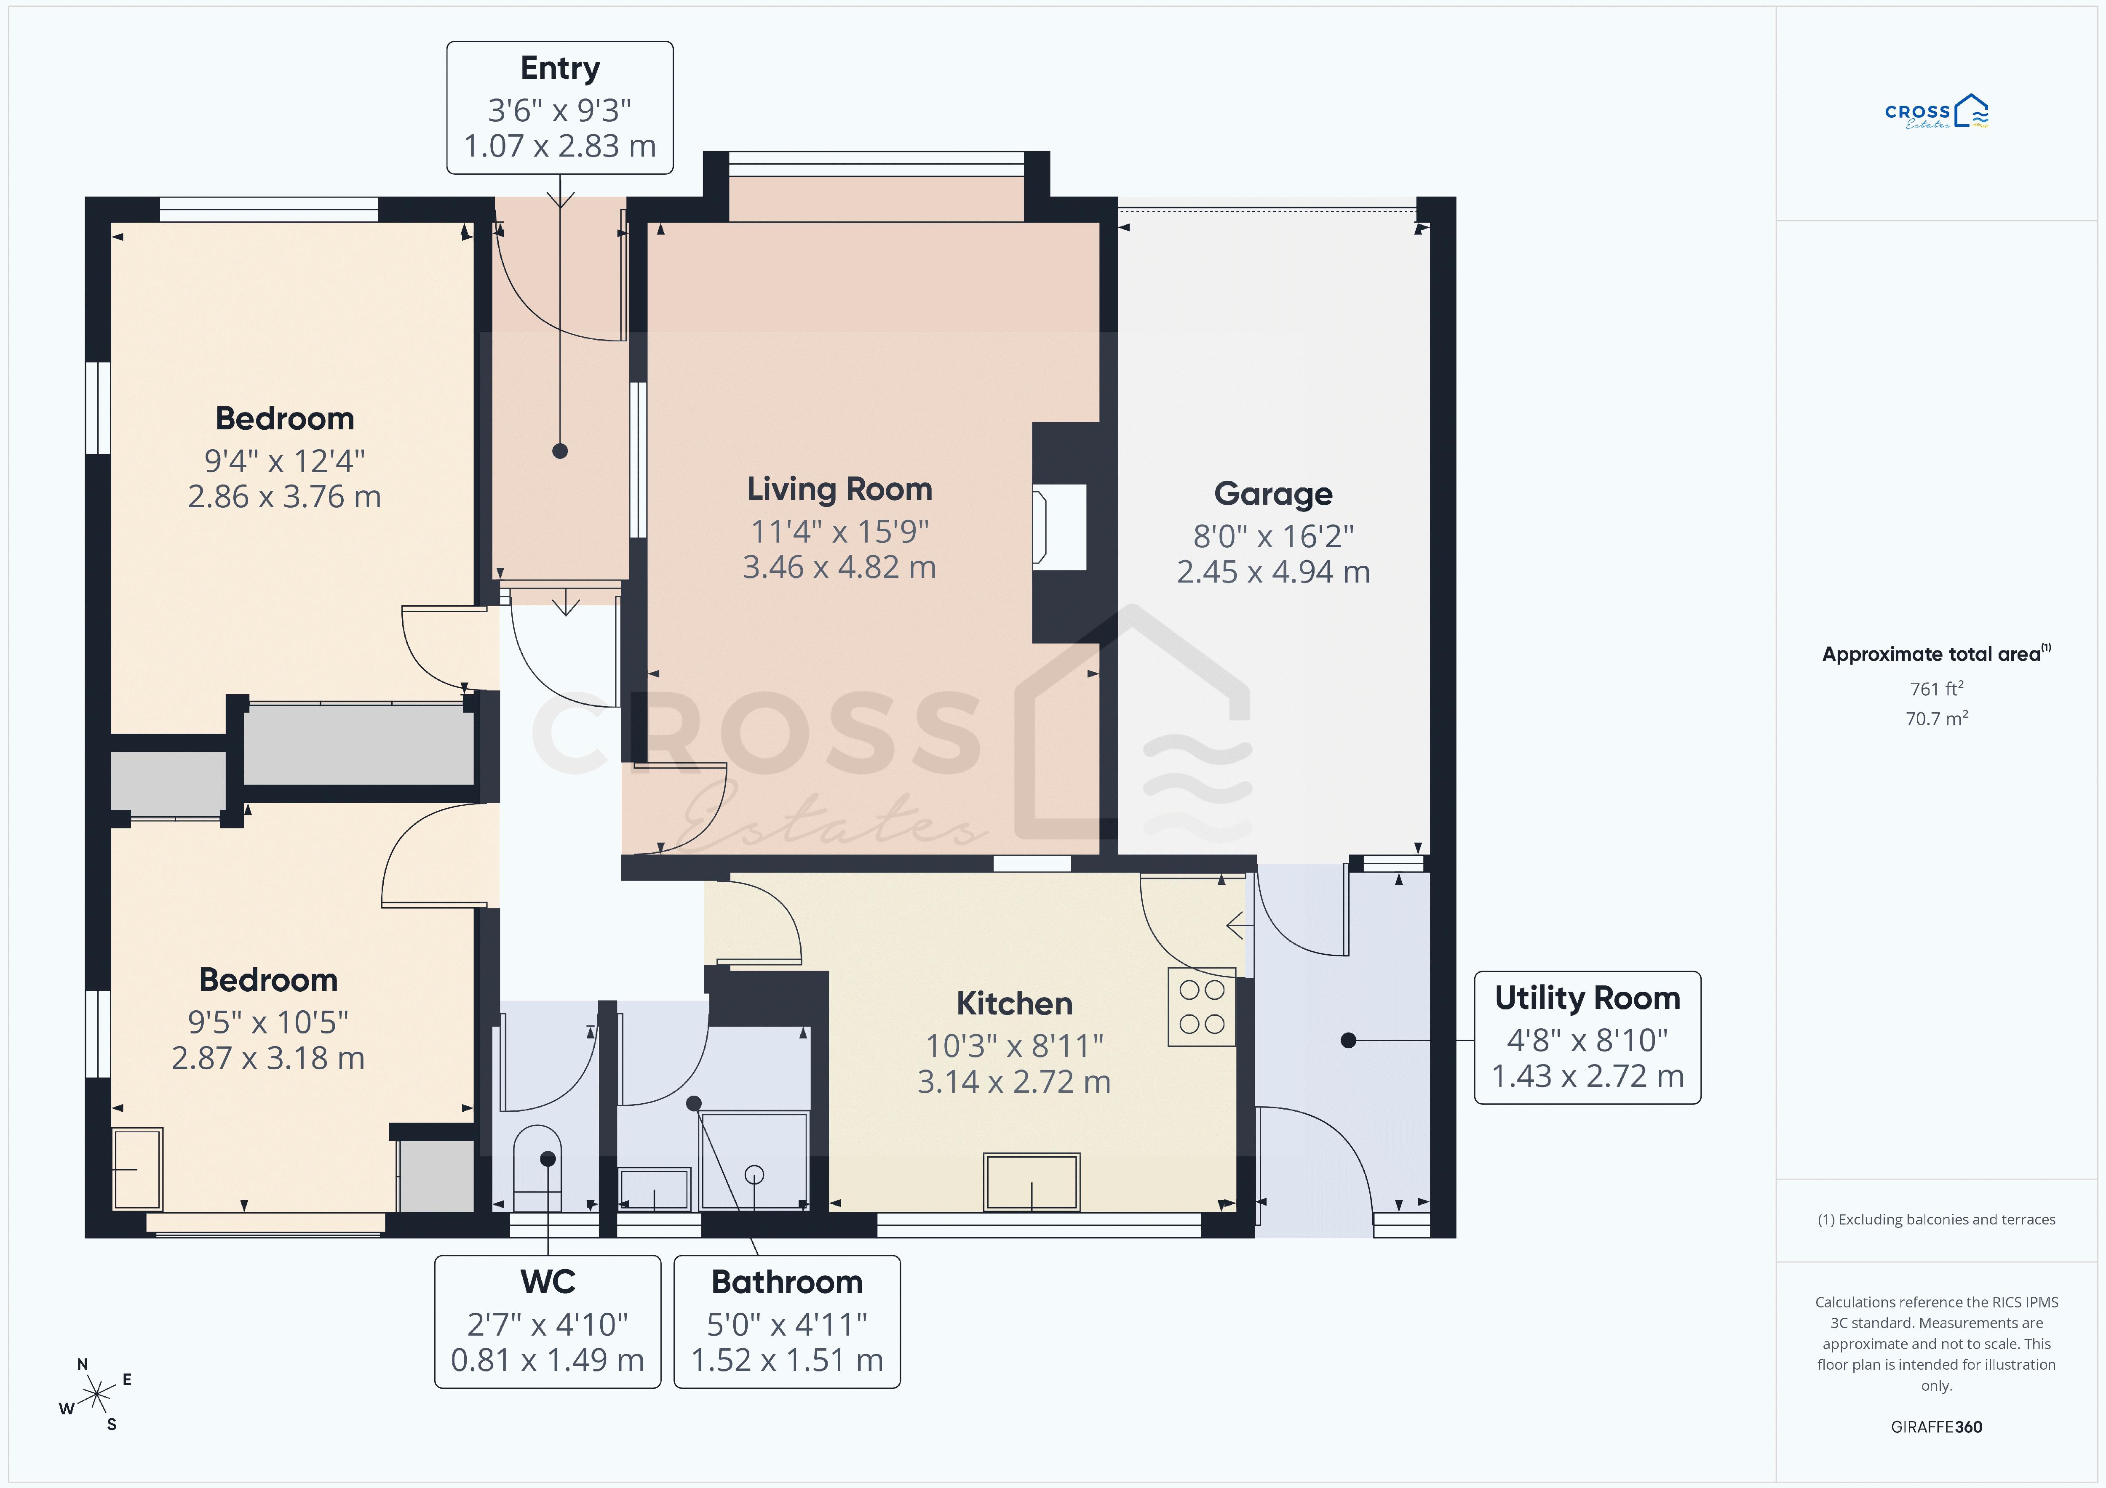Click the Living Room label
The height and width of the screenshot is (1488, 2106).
pos(839,490)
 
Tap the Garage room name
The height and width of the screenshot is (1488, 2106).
pos(1273,494)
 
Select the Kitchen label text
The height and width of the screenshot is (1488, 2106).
pos(1015,1004)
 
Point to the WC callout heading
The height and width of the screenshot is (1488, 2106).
pos(548,1282)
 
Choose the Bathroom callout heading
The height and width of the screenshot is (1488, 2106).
pos(787,1282)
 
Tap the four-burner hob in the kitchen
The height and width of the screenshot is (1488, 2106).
pos(1202,1007)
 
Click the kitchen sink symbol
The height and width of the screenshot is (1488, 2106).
pos(1032,1182)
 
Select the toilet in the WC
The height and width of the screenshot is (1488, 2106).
pos(537,1169)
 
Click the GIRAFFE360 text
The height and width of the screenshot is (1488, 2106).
pos(1936,1427)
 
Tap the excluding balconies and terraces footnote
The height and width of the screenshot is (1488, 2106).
pos(1936,1219)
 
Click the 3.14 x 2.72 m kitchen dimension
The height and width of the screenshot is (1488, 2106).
pos(1015,1082)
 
